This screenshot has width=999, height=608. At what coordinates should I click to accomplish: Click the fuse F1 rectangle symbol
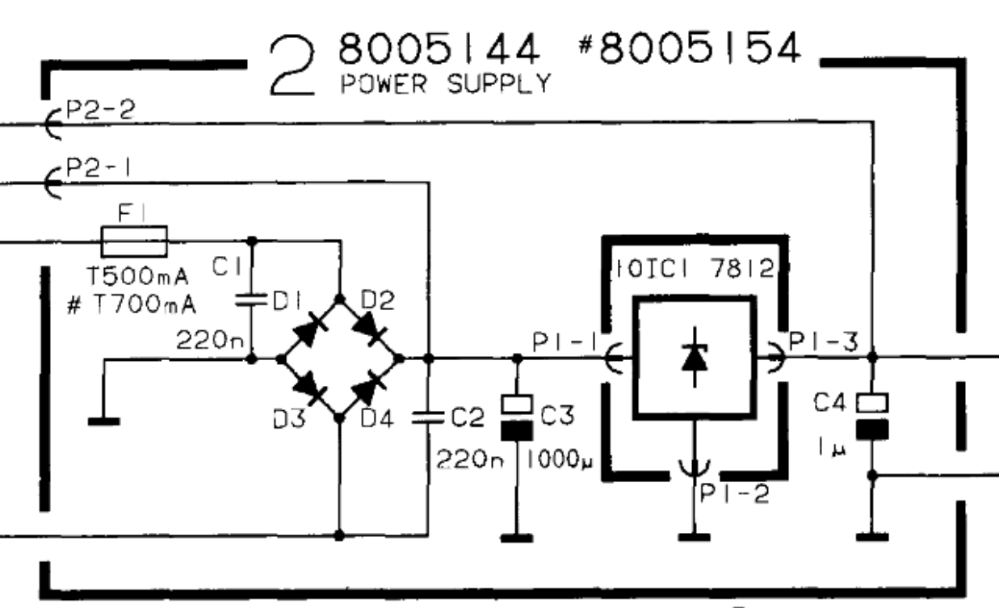(134, 241)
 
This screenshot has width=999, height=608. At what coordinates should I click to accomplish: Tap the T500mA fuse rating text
(138, 276)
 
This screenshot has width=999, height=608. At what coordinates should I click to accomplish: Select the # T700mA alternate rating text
(132, 305)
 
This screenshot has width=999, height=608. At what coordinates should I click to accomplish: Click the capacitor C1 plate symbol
(251, 300)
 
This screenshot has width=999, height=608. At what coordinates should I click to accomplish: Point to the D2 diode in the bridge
(369, 328)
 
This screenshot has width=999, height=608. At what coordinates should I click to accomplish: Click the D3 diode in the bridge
(309, 388)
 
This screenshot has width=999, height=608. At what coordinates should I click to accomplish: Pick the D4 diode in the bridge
(369, 388)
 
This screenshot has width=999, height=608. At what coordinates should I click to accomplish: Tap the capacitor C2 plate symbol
(428, 417)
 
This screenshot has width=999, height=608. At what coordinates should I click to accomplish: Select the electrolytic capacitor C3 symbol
(517, 417)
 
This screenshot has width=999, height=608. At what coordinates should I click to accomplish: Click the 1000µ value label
(560, 459)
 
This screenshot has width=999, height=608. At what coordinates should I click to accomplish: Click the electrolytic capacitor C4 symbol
(872, 417)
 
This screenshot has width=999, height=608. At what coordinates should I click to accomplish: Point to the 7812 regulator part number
(742, 268)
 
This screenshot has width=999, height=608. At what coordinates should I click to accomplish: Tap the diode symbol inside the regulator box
(695, 358)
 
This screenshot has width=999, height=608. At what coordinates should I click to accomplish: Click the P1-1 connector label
(565, 342)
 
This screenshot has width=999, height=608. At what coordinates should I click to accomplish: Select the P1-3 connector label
(823, 342)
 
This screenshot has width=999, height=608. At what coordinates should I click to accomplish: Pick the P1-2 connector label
(735, 493)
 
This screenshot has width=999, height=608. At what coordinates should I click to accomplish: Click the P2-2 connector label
(100, 110)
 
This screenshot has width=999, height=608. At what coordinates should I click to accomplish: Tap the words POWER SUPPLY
(446, 84)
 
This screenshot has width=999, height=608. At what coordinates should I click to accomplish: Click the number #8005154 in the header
(690, 48)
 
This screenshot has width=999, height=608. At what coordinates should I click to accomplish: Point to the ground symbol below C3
(517, 538)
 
